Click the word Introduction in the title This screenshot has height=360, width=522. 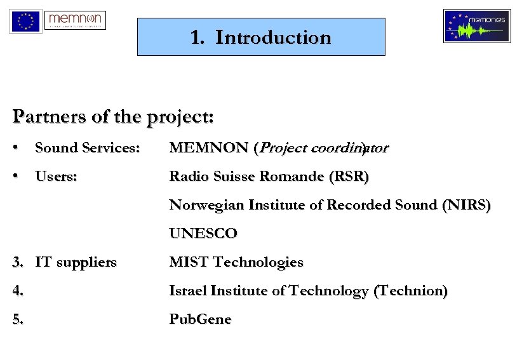click(x=274, y=37)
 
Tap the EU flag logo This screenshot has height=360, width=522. click(x=25, y=22)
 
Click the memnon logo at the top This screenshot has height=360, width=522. click(x=76, y=20)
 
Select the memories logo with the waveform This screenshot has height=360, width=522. click(x=477, y=26)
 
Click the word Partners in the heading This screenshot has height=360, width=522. click(x=43, y=117)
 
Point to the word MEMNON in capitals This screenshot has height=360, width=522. click(x=208, y=148)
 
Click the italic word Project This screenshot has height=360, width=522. click(x=283, y=149)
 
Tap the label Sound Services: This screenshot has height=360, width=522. click(x=87, y=148)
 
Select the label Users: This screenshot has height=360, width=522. click(x=56, y=177)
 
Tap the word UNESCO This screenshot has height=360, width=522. click(x=203, y=234)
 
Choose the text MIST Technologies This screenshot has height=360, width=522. click(x=236, y=262)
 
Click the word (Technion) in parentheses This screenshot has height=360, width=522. click(x=411, y=291)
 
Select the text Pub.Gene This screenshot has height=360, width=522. click(x=200, y=319)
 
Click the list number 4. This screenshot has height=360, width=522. click(x=18, y=291)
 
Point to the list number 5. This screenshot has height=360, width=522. click(x=18, y=319)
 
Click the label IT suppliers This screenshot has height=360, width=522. click(x=76, y=262)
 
